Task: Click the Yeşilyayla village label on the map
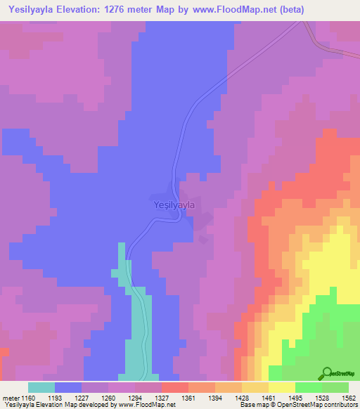click(x=173, y=205)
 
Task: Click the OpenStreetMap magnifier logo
click(x=327, y=374)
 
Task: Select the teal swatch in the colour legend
click(x=41, y=387)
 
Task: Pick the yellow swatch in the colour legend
click(x=282, y=387)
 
